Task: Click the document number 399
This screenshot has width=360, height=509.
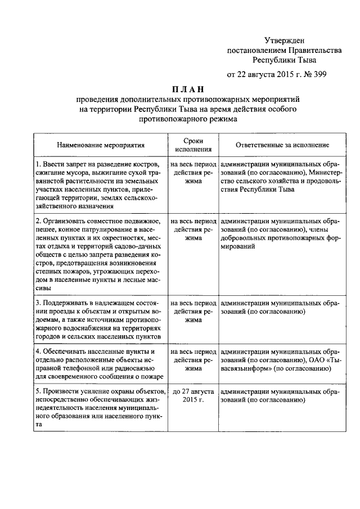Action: (x=318, y=74)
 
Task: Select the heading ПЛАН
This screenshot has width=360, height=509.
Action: (x=187, y=89)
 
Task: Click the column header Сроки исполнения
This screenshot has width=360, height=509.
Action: (x=193, y=145)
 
